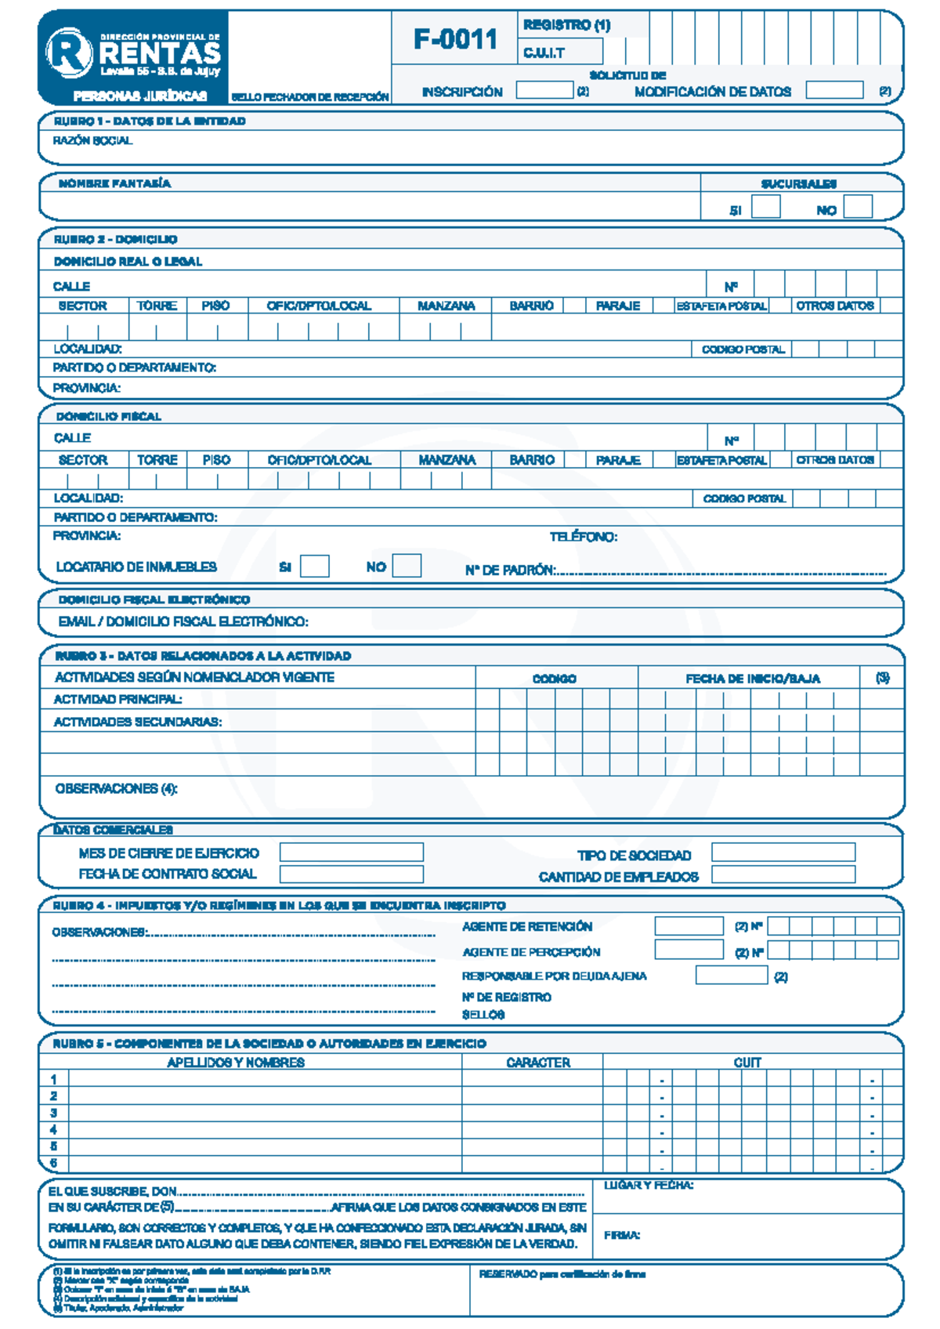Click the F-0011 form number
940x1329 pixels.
click(x=455, y=38)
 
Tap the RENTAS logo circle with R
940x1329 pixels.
click(x=69, y=53)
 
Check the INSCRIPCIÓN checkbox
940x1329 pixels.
click(x=544, y=90)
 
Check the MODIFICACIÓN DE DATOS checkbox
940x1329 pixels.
click(x=834, y=90)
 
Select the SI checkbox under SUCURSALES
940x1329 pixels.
click(x=765, y=207)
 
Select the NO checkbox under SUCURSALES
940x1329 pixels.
click(x=858, y=207)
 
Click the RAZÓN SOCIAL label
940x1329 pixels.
click(x=92, y=141)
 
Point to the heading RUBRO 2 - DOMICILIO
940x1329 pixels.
click(x=115, y=239)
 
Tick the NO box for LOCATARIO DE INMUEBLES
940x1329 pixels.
click(x=407, y=566)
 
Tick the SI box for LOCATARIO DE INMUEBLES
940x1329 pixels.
click(x=315, y=566)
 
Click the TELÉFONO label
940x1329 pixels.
click(x=583, y=537)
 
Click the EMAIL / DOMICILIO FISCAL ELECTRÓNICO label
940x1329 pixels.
click(x=183, y=621)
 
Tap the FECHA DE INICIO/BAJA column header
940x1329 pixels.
click(x=753, y=679)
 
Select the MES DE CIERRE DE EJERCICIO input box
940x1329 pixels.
click(x=351, y=853)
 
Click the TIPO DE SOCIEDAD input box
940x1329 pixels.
click(x=783, y=853)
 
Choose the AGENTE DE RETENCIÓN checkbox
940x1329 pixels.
click(x=689, y=926)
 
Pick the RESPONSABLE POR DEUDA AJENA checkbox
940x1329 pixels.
click(x=731, y=975)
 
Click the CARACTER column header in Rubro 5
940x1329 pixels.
click(x=538, y=1063)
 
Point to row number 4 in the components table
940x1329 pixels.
click(x=53, y=1130)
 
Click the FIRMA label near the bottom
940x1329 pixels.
click(x=622, y=1235)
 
